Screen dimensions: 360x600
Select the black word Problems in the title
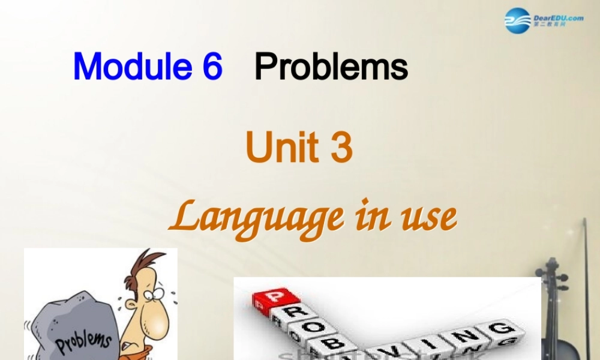[331, 67]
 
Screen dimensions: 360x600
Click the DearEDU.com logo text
[558, 19]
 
